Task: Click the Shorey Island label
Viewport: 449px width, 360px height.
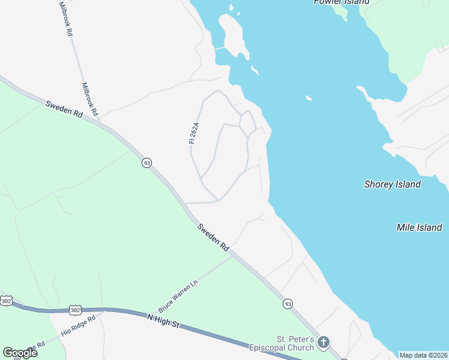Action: coord(393,184)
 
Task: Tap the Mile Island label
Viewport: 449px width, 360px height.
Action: coord(419,227)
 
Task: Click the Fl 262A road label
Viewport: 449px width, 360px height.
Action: coord(193,133)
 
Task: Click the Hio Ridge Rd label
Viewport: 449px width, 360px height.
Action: coord(78,326)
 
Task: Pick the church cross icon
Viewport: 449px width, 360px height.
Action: coord(324,343)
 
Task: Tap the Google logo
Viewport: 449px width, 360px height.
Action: coord(20,353)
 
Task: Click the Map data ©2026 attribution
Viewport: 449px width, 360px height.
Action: coord(424,355)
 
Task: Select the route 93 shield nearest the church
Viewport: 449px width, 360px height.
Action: coord(288,304)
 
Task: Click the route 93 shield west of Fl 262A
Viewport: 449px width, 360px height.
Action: coord(146,163)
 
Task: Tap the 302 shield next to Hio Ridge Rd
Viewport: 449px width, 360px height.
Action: coord(74,310)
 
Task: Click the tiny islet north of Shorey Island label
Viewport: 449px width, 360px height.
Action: coord(309,98)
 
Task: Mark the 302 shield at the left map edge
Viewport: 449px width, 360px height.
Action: coord(6,301)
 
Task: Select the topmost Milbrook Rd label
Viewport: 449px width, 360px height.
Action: coord(66,19)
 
